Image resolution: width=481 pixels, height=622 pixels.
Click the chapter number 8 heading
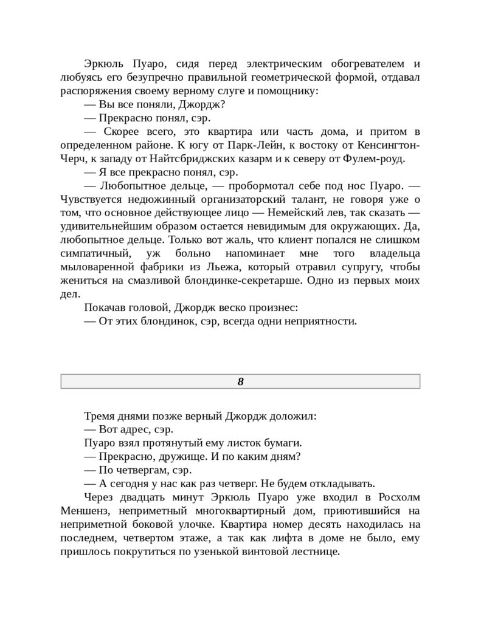coord(240,381)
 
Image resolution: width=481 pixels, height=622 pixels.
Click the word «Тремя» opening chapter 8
coord(99,416)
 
